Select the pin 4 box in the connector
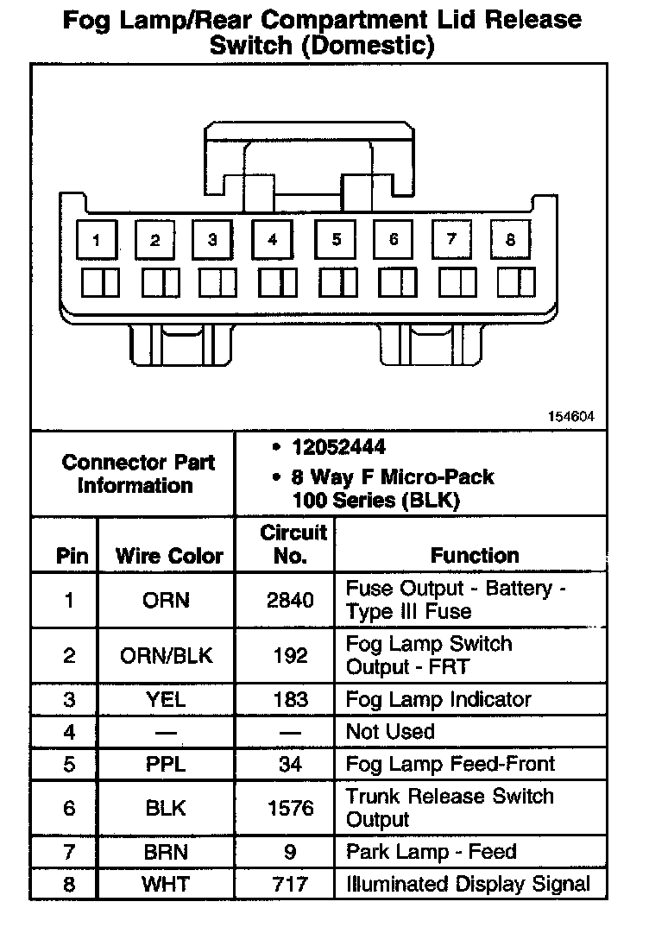click(273, 241)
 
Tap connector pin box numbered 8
click(510, 240)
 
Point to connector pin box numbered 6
click(393, 240)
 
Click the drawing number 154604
click(571, 416)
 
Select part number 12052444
click(338, 447)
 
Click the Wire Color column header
click(169, 557)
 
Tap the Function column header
click(475, 556)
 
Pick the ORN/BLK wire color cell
click(166, 655)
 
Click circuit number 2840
click(290, 600)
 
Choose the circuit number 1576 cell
click(290, 808)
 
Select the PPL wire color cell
click(166, 764)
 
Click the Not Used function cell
click(390, 732)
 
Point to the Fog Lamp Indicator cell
click(438, 699)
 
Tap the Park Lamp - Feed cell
click(432, 852)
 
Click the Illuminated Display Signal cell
click(469, 884)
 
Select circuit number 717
click(290, 884)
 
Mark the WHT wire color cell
click(166, 884)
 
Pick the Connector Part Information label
click(138, 474)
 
